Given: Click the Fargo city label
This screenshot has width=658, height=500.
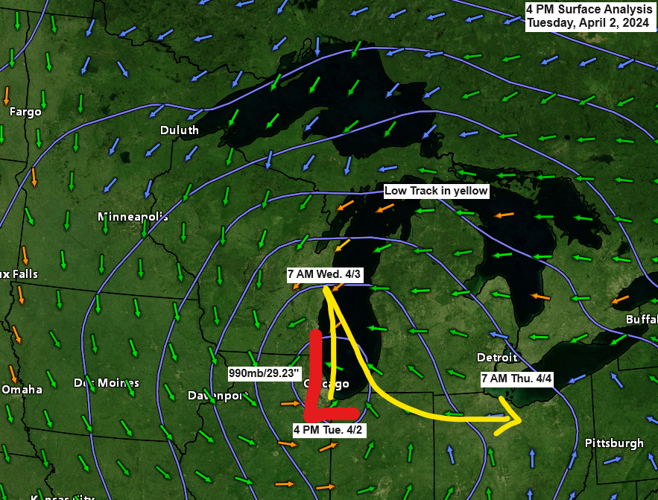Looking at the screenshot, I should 25,112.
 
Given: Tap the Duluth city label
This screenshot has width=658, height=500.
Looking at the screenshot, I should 180,130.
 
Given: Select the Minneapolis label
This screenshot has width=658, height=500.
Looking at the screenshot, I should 133,217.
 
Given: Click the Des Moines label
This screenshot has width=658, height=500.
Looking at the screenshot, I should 106,383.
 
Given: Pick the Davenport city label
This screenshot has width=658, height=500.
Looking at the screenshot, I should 217,395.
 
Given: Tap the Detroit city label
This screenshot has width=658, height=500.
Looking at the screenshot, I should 497,358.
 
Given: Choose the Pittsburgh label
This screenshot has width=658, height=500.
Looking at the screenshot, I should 614,443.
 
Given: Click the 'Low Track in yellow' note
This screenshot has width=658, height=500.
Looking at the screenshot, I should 436,192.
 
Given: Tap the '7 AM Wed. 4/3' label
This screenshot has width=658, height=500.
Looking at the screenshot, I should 325,274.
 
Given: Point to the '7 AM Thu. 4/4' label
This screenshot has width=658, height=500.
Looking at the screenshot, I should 516,379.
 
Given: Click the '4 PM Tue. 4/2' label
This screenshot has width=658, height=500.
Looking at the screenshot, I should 329,430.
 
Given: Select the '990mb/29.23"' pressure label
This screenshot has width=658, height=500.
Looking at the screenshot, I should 265,372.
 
